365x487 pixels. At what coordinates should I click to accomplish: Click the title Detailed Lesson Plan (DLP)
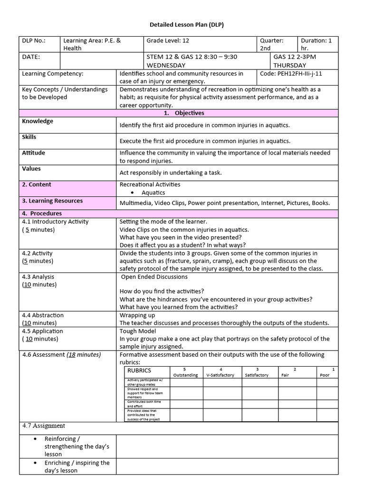coord(183,25)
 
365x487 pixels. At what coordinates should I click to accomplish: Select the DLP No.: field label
coord(34,41)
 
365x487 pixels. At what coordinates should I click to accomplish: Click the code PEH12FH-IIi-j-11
coord(296,74)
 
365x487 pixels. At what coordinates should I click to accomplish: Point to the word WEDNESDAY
coord(166,65)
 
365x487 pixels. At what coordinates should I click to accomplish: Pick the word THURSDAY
coord(290,65)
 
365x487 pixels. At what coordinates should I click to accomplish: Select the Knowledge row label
coord(38,121)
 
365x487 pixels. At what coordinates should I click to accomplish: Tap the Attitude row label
coord(34,153)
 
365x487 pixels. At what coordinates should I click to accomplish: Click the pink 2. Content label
coord(37,185)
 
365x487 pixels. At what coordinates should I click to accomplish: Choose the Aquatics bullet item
coord(153,193)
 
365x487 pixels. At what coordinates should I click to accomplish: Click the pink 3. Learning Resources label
coord(52,201)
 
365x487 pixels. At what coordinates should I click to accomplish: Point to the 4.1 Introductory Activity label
coord(55,222)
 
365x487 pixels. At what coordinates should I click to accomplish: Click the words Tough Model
coord(138,331)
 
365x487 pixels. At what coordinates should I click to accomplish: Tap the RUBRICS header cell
coord(139,370)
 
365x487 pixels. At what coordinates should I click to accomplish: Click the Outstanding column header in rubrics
coord(185,375)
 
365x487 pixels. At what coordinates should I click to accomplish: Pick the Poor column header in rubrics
coord(325,375)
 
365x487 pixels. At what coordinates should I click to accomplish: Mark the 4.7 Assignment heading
coord(44,426)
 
